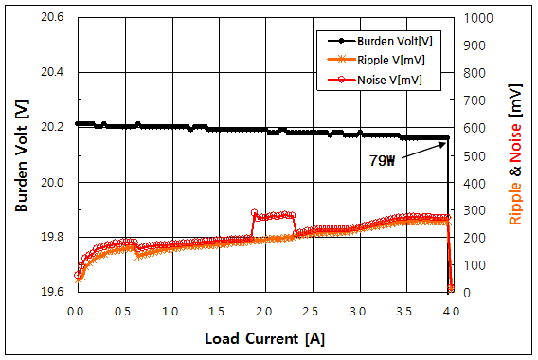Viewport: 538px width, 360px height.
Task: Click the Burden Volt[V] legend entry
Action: point(389,42)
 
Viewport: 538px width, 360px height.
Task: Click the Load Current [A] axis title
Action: point(263,338)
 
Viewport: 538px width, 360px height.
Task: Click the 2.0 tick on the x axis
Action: point(263,311)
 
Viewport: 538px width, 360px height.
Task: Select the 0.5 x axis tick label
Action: point(123,311)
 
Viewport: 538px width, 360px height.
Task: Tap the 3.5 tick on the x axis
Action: point(404,311)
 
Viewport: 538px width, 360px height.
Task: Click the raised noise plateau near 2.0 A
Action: point(275,215)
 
